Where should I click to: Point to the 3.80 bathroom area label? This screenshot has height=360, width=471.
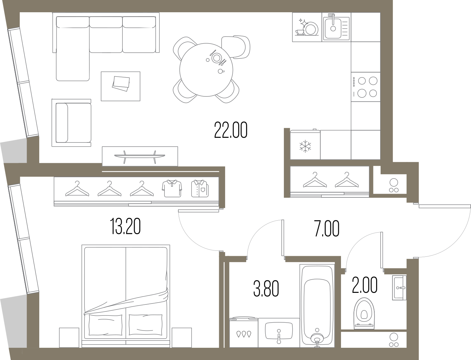coord(266,289)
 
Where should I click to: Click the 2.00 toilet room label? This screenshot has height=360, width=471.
coord(365,285)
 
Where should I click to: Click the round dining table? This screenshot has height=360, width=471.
coord(206,70)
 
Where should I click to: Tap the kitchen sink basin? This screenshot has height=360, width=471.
coord(333,28)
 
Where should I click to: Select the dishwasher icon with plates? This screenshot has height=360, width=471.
coord(307,27)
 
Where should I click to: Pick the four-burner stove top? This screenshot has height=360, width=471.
coord(365,87)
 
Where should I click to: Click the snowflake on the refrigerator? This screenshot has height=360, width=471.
coord(305,147)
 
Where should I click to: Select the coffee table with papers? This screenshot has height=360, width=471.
coord(121,86)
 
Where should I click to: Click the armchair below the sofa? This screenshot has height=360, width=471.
coord(72,123)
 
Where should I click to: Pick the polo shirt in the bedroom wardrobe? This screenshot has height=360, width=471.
coord(172,188)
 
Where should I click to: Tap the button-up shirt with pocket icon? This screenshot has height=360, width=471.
coord(200,188)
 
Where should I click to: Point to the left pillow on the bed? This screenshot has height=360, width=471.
coord(106,325)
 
